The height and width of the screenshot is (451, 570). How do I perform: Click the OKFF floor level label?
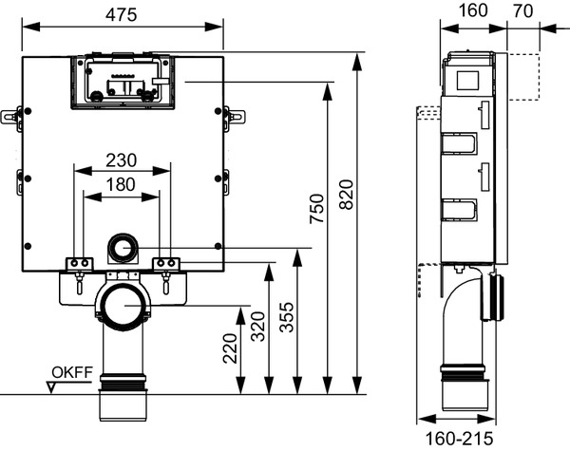(72, 371)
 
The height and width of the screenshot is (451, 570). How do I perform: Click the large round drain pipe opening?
(123, 306)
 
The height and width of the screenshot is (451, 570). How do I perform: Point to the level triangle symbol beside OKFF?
(53, 385)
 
